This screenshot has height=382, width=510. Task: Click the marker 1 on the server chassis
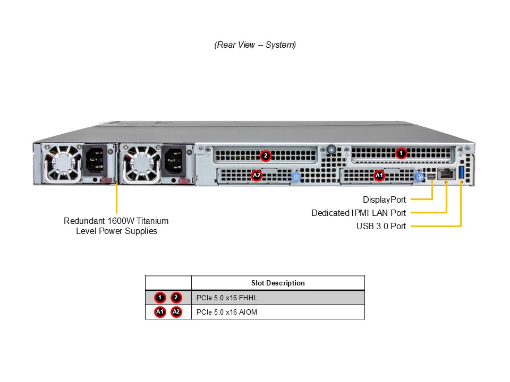coord(402,153)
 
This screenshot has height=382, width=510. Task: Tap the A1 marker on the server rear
coord(379,175)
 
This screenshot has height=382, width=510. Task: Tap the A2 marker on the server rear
coord(257,175)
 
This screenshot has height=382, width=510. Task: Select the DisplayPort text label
coord(384,200)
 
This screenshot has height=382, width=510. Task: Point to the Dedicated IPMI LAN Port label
coord(359,213)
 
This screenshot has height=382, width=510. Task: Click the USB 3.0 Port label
coord(381,227)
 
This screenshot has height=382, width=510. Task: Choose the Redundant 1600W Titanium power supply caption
coord(116,226)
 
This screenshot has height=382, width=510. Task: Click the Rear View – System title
coord(255,45)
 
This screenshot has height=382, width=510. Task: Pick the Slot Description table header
coord(278,283)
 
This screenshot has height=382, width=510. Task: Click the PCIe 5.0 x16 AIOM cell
coord(227,312)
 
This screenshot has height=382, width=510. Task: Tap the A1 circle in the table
coord(160,312)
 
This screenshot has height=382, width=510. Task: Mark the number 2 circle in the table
coord(176,298)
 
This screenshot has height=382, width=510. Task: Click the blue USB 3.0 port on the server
coord(461,172)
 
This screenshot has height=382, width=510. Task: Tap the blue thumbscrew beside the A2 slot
coord(296,177)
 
